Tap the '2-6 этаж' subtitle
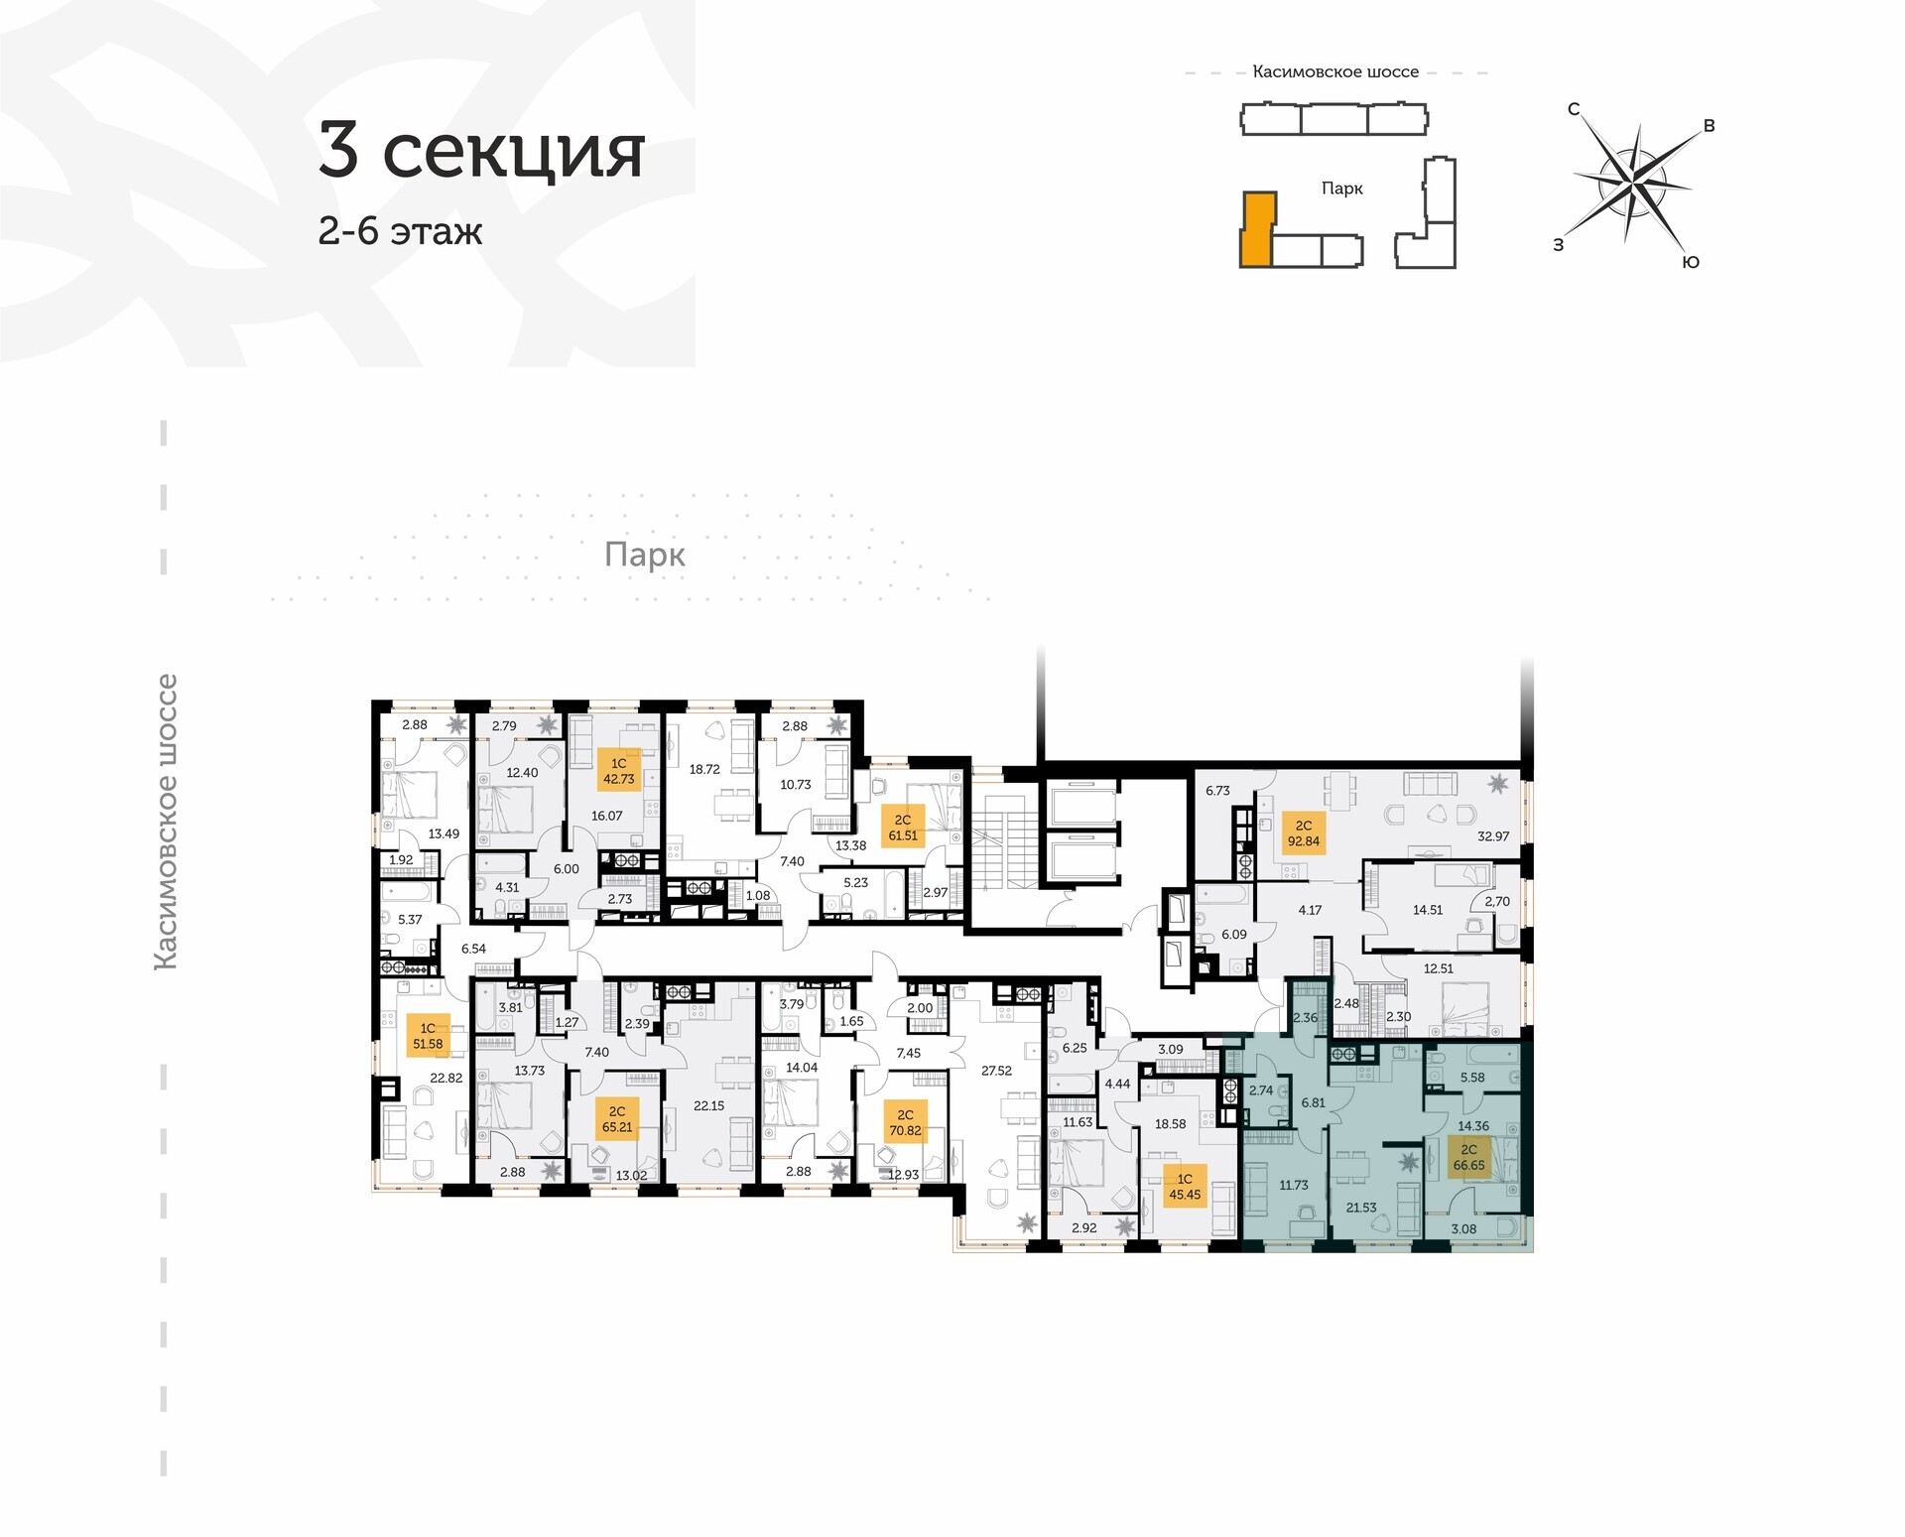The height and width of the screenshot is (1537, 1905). coord(400,230)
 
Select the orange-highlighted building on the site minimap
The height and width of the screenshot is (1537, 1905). coord(1256,230)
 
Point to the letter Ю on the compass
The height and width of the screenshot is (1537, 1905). coord(1691,262)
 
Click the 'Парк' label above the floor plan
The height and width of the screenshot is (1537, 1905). coord(645,555)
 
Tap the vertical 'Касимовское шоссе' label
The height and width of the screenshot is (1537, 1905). coord(167,822)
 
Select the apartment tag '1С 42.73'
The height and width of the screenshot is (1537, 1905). coord(619,771)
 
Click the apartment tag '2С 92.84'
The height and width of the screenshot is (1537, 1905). coord(1303,833)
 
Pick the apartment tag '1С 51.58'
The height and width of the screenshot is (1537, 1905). coord(428,1036)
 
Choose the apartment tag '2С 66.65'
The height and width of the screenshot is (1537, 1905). coord(1468,1157)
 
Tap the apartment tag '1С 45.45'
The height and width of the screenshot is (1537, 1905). coord(1185,1187)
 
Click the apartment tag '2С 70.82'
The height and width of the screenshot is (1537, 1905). coord(905,1122)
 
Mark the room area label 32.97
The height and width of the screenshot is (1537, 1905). coord(1493,836)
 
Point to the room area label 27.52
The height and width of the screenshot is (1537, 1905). coord(996,1071)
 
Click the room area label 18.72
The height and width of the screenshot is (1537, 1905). coord(704,769)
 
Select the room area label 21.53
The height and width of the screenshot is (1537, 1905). coord(1361,1208)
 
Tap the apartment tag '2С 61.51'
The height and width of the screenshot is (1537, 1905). coord(903,828)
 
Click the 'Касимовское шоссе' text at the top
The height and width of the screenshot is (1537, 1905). coord(1335,72)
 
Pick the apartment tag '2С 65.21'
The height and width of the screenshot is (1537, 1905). coord(617,1119)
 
